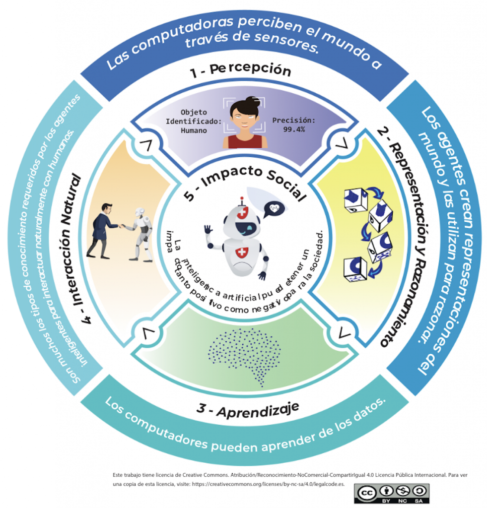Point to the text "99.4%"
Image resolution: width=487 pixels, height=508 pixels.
click(x=295, y=129)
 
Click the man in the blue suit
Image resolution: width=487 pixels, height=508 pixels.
click(x=102, y=230)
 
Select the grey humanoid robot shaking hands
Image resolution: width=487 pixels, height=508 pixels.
click(x=141, y=233)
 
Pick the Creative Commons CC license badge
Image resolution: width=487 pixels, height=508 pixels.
click(x=392, y=492)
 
